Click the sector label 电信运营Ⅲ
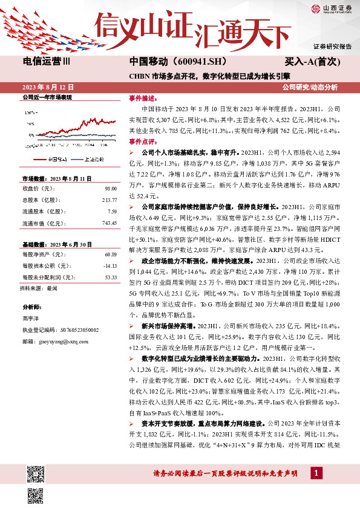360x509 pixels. pyautogui.click(x=46, y=62)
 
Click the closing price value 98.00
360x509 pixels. pyautogui.click(x=110, y=189)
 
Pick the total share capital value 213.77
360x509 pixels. pyautogui.click(x=109, y=200)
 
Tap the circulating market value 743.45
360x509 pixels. pyautogui.click(x=109, y=222)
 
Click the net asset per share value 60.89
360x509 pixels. pyautogui.click(x=110, y=255)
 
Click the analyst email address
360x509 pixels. pyautogui.click(x=62, y=340)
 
